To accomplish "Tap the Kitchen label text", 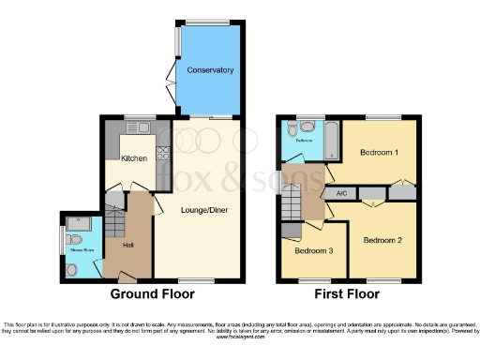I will [x=134, y=158].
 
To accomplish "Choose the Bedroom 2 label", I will [x=383, y=240].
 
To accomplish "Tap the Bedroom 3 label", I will [x=313, y=251].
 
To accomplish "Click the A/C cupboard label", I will [x=339, y=194].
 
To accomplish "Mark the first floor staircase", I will [x=293, y=201].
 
